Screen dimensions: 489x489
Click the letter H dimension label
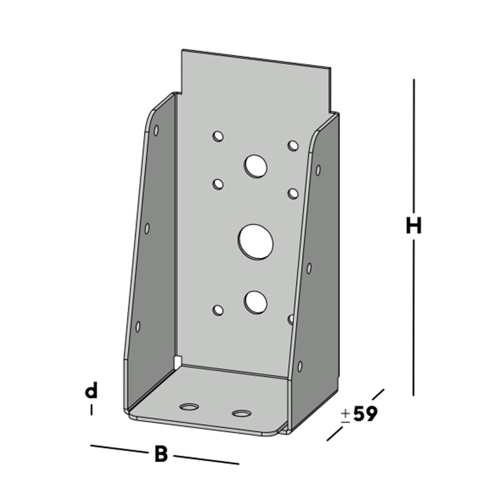(x=414, y=226)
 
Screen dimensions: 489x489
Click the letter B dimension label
(x=161, y=454)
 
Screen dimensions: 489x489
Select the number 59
(x=365, y=414)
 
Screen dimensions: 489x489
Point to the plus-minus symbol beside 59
(x=345, y=415)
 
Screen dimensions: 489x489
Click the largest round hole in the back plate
(x=256, y=242)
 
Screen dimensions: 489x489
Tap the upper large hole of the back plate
(x=256, y=166)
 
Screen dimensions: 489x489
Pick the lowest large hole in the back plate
(x=256, y=302)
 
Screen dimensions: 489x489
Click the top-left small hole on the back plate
(x=218, y=136)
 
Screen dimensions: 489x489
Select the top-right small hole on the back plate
(x=293, y=145)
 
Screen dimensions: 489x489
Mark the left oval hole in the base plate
(x=189, y=406)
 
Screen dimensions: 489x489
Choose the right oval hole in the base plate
(x=242, y=414)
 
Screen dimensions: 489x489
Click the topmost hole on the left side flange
(x=156, y=130)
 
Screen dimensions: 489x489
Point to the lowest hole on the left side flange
(x=138, y=326)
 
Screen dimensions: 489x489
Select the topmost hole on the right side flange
(x=318, y=170)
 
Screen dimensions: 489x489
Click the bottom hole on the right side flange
(x=300, y=366)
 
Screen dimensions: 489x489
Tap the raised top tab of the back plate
(x=254, y=78)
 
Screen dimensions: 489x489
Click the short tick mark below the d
(x=91, y=410)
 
